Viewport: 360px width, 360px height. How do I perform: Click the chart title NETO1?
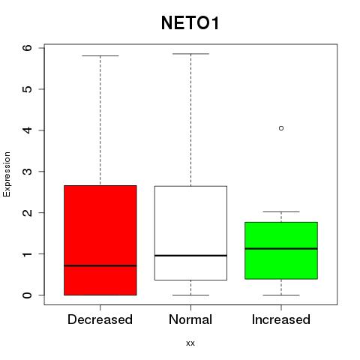190,23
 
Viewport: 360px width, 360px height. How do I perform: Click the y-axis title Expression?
7,174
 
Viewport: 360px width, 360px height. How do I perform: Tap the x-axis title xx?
190,343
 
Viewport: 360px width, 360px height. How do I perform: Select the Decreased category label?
100,319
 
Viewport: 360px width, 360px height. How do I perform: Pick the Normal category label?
190,319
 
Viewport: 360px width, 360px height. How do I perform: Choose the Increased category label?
281,319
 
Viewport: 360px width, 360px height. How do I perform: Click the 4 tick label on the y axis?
28,130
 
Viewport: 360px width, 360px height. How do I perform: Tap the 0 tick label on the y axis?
28,295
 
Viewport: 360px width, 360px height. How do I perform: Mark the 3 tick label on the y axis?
28,172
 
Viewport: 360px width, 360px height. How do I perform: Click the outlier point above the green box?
281,128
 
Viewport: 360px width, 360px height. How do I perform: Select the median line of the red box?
100,265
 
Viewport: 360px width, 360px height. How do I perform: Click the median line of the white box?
190,256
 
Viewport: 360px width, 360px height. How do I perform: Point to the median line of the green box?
281,248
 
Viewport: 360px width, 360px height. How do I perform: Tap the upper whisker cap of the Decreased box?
100,55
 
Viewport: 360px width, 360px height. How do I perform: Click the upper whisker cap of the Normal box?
190,54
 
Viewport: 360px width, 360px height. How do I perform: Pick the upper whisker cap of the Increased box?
281,211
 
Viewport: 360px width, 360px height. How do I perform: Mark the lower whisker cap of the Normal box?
190,295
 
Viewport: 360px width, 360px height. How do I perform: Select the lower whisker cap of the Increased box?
281,295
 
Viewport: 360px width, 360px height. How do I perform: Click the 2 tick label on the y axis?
28,213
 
